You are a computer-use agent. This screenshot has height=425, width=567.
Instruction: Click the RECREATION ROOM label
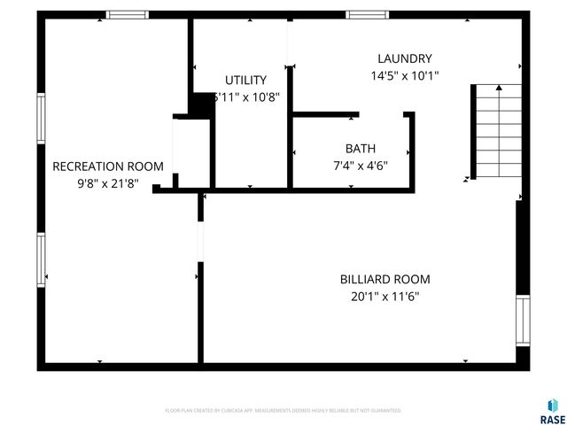[x=108, y=166]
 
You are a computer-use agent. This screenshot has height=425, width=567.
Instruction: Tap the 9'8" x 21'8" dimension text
[x=108, y=184]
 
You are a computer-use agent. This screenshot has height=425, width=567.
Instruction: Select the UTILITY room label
[x=245, y=81]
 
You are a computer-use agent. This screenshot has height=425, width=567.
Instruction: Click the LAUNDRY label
[x=403, y=59]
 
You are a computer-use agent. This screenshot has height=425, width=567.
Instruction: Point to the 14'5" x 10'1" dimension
[x=403, y=76]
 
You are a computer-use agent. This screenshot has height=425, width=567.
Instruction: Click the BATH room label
[x=360, y=149]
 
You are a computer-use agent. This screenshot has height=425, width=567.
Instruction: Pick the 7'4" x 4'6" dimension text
[x=360, y=165]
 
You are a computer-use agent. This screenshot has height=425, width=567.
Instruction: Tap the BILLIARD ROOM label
[x=384, y=280]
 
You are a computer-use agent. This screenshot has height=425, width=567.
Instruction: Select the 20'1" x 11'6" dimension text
[x=384, y=297]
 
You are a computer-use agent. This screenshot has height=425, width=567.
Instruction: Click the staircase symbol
[x=496, y=130]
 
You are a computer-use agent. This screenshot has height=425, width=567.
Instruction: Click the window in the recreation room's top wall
[x=128, y=14]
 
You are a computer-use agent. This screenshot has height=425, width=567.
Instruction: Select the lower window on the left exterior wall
[x=41, y=259]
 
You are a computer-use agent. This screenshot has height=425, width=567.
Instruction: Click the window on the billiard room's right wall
[x=522, y=321]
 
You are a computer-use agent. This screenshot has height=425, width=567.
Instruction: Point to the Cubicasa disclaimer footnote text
[x=283, y=411]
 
